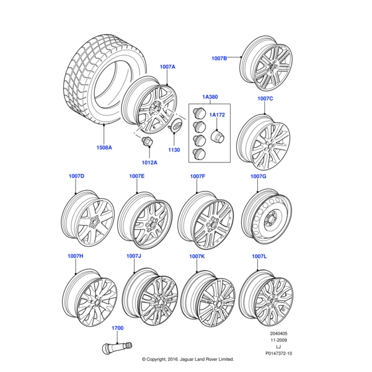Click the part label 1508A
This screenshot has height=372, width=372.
(104, 148)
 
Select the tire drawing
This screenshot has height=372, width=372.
(99, 81)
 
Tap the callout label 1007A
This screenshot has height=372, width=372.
(167, 66)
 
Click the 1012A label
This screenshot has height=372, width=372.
(149, 162)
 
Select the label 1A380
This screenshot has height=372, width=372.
(210, 97)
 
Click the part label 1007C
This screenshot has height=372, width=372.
(265, 99)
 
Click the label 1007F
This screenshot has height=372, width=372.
(197, 177)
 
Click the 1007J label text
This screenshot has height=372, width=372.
(134, 256)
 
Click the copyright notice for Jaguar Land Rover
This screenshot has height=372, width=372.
(187, 359)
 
